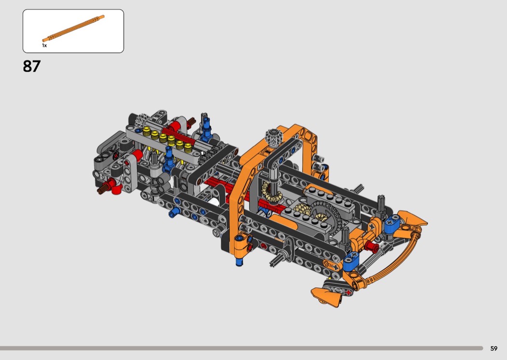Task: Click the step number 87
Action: tap(32, 66)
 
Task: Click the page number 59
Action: tap(494, 348)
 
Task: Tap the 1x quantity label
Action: tap(44, 45)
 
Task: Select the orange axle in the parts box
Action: tap(73, 28)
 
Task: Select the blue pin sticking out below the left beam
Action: tap(174, 213)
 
